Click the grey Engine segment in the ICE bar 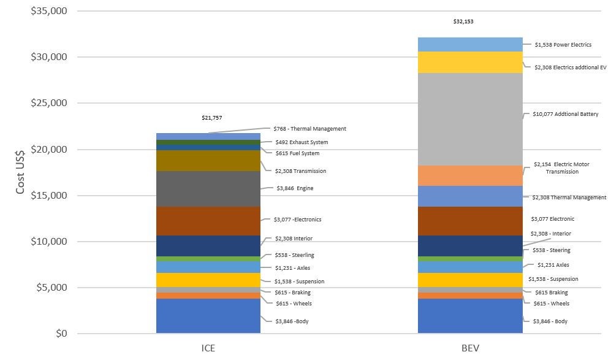pyautogui.click(x=208, y=188)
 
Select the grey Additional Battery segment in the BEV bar pyautogui.click(x=470, y=119)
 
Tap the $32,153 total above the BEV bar pyautogui.click(x=464, y=21)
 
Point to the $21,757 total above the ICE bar pyautogui.click(x=211, y=117)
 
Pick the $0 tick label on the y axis pyautogui.click(x=59, y=334)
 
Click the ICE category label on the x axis pyautogui.click(x=208, y=348)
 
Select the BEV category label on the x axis pyautogui.click(x=470, y=348)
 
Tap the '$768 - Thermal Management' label pyautogui.click(x=311, y=129)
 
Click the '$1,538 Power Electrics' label pyautogui.click(x=563, y=44)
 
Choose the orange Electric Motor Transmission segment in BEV pyautogui.click(x=470, y=175)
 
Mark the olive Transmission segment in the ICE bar pyautogui.click(x=208, y=161)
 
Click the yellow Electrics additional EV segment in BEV pyautogui.click(x=470, y=62)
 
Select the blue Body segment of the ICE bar pyautogui.click(x=208, y=316)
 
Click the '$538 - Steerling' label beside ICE pyautogui.click(x=294, y=255)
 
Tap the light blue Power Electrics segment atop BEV pyautogui.click(x=470, y=44)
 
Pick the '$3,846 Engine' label pyautogui.click(x=294, y=188)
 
